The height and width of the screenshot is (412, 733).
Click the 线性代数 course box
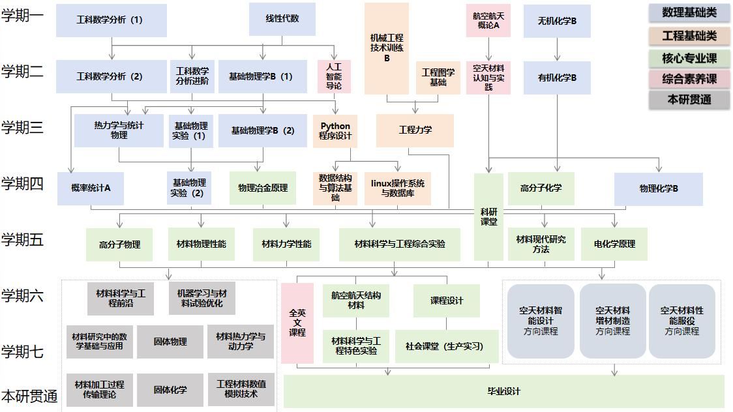pyautogui.click(x=282, y=19)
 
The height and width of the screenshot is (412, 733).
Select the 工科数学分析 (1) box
pyautogui.click(x=111, y=20)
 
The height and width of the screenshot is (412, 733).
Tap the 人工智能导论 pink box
pyautogui.click(x=334, y=76)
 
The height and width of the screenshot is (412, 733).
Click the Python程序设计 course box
pyautogui.click(x=335, y=131)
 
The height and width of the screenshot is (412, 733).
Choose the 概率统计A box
pyautogui.click(x=91, y=188)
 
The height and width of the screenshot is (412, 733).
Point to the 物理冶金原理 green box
pyautogui.click(x=262, y=188)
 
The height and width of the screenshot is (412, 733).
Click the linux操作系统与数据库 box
pyautogui.click(x=398, y=188)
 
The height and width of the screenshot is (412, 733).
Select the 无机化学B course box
pyautogui.click(x=557, y=21)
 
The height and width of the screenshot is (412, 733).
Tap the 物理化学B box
pyautogui.click(x=659, y=189)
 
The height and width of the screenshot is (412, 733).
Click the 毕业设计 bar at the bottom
pyautogui.click(x=504, y=391)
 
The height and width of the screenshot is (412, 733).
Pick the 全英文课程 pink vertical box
pyautogui.click(x=297, y=323)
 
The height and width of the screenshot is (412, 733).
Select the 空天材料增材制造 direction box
pyautogui.click(x=612, y=321)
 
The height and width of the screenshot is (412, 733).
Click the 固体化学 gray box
pyautogui.click(x=170, y=390)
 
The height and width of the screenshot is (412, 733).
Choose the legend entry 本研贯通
pyautogui.click(x=689, y=100)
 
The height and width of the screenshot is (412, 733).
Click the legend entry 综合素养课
pyautogui.click(x=689, y=79)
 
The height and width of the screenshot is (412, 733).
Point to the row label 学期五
pyautogui.click(x=23, y=240)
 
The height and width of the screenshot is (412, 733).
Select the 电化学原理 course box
pyautogui.click(x=614, y=244)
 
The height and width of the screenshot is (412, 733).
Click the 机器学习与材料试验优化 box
pyautogui.click(x=202, y=299)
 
